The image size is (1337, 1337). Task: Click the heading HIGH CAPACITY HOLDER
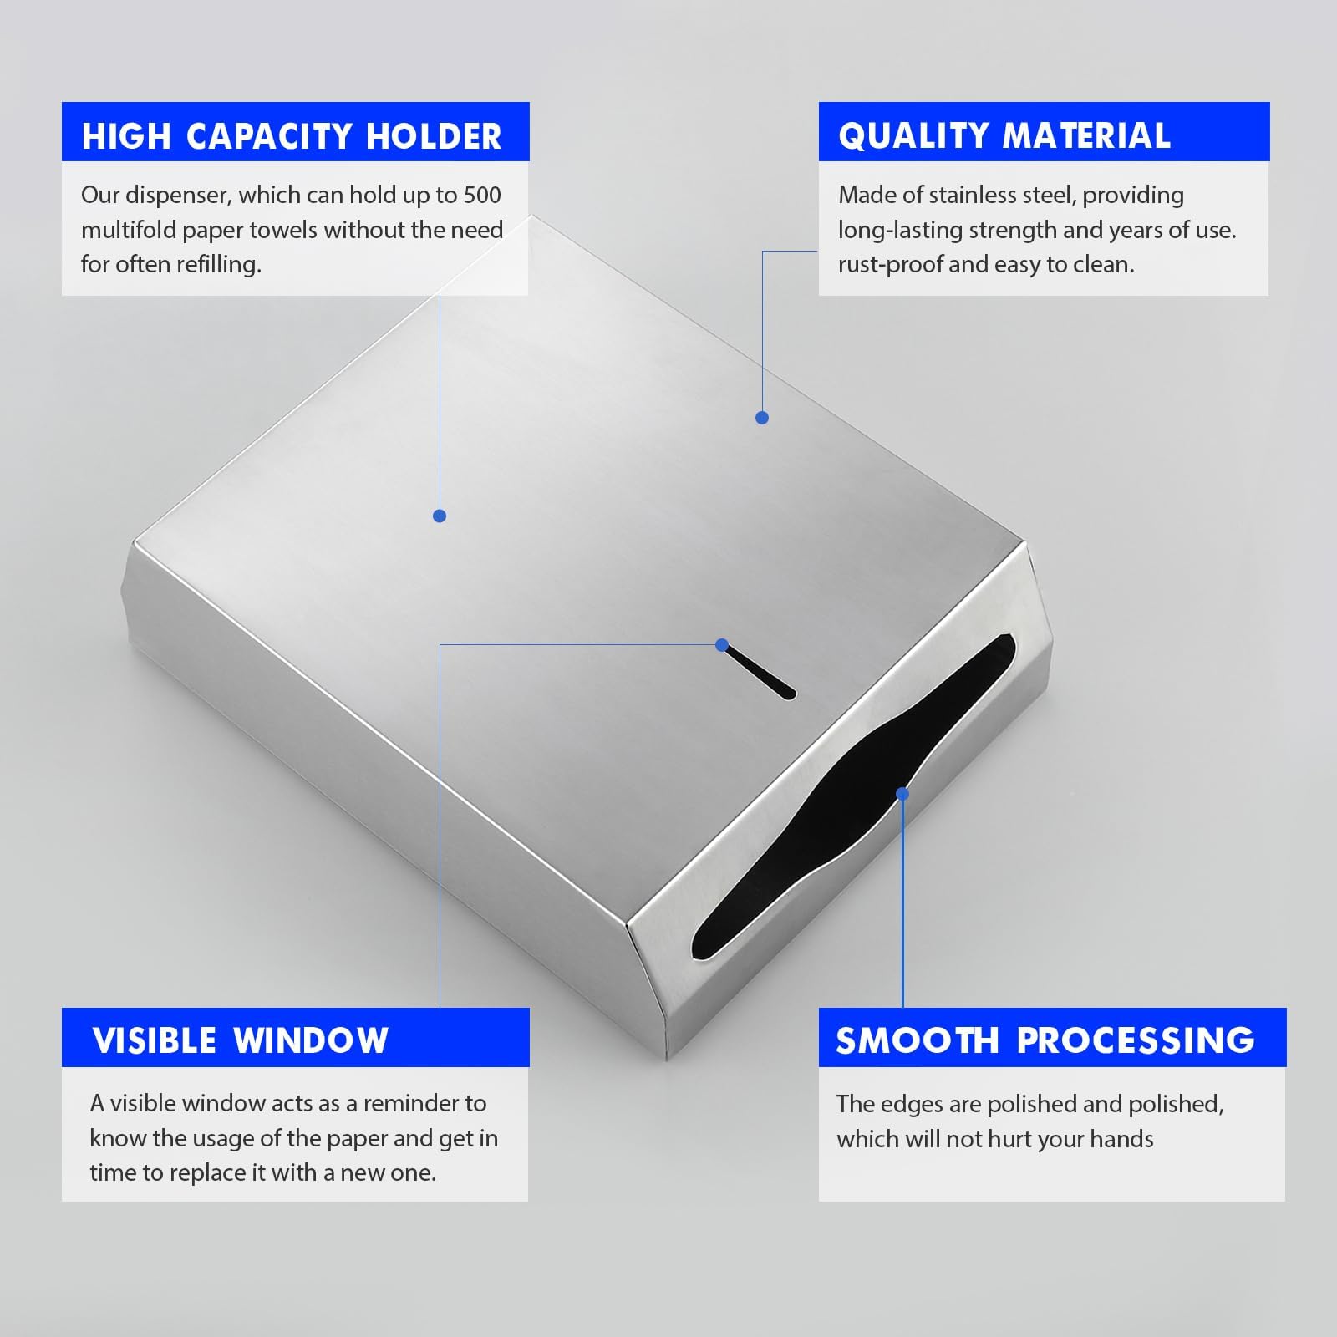292,136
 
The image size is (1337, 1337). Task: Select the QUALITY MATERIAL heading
1004,136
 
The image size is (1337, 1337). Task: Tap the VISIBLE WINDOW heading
240,1040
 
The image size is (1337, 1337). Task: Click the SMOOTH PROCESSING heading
1045,1040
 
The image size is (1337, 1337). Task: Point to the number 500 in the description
482,195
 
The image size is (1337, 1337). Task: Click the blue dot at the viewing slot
722,645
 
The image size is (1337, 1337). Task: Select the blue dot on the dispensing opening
902,794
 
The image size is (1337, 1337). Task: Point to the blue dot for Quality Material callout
762,418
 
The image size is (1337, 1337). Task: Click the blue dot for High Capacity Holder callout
440,516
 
